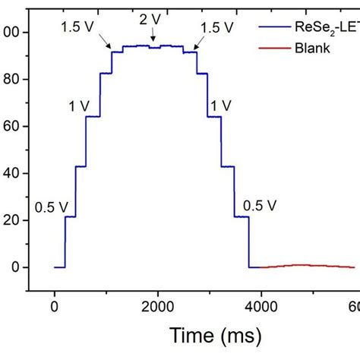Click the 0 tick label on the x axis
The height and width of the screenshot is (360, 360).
(x=54, y=305)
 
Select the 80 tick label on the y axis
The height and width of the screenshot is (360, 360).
(x=13, y=80)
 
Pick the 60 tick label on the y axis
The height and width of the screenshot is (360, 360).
(x=13, y=127)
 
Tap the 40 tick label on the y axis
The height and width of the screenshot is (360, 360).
(x=13, y=174)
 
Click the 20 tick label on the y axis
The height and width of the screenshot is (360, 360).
(x=13, y=221)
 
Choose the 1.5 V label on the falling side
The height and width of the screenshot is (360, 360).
(x=218, y=27)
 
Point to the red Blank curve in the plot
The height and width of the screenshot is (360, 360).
(x=304, y=265)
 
